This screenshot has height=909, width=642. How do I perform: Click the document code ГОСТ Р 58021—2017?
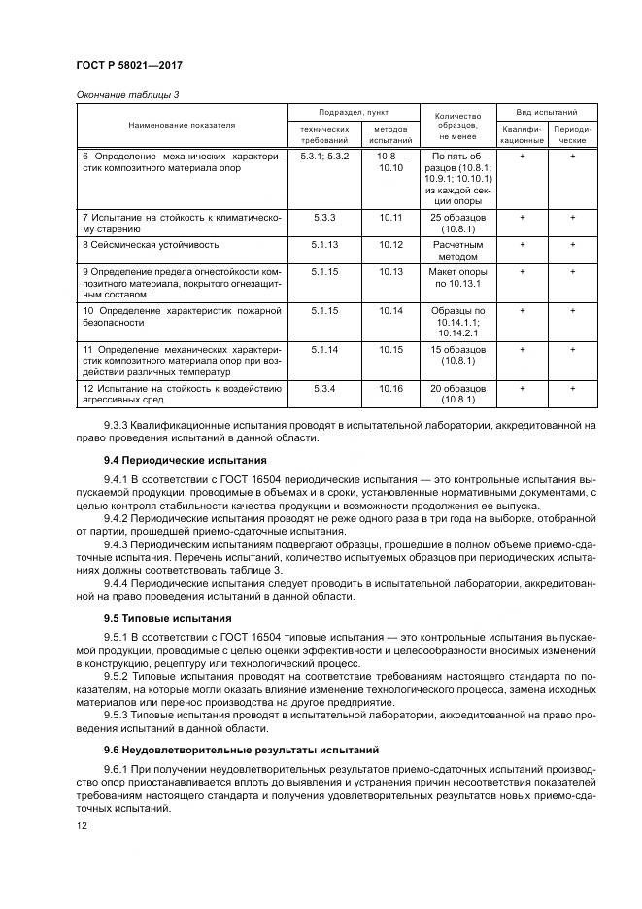click(130, 64)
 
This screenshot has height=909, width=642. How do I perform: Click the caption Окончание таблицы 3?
click(127, 94)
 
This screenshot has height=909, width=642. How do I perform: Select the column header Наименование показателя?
click(182, 126)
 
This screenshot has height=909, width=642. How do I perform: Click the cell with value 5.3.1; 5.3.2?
click(323, 156)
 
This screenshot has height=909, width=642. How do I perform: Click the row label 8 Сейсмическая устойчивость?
click(150, 245)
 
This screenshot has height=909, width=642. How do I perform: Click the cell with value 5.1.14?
click(323, 349)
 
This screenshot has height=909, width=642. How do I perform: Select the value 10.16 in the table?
click(390, 388)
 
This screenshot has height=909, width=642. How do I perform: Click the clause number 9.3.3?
click(118, 425)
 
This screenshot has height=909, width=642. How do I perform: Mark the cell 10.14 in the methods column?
click(390, 311)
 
